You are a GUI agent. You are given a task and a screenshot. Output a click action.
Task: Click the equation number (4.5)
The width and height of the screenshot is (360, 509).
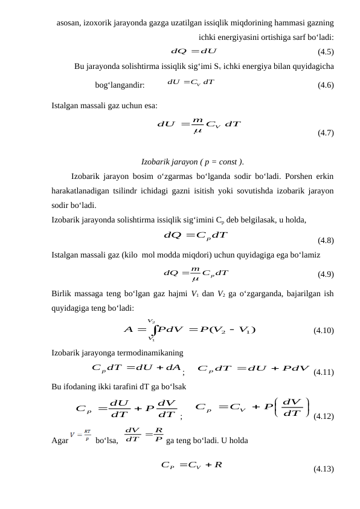327,51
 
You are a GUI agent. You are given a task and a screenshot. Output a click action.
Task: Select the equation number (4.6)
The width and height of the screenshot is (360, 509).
327,85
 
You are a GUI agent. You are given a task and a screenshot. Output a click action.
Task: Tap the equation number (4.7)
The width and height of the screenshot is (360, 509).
327,134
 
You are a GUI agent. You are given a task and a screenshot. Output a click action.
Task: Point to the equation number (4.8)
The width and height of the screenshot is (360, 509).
327,240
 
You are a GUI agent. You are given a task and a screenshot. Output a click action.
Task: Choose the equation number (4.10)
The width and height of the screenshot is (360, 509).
324,331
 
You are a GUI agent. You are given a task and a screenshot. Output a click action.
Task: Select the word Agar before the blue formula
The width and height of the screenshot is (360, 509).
60,424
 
